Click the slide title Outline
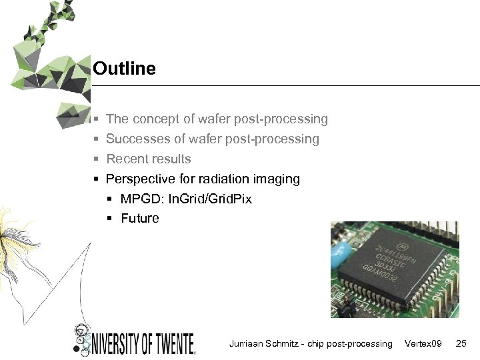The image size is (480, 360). (x=125, y=69)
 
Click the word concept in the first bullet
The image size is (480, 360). (x=156, y=119)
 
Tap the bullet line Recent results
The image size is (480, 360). (x=149, y=159)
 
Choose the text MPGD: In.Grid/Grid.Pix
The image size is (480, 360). (x=187, y=199)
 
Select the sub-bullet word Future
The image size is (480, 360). (x=140, y=219)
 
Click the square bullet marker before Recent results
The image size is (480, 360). (x=97, y=159)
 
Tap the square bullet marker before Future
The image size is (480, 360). (x=111, y=219)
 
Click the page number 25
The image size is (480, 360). (x=461, y=343)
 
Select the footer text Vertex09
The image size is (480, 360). (x=423, y=343)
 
